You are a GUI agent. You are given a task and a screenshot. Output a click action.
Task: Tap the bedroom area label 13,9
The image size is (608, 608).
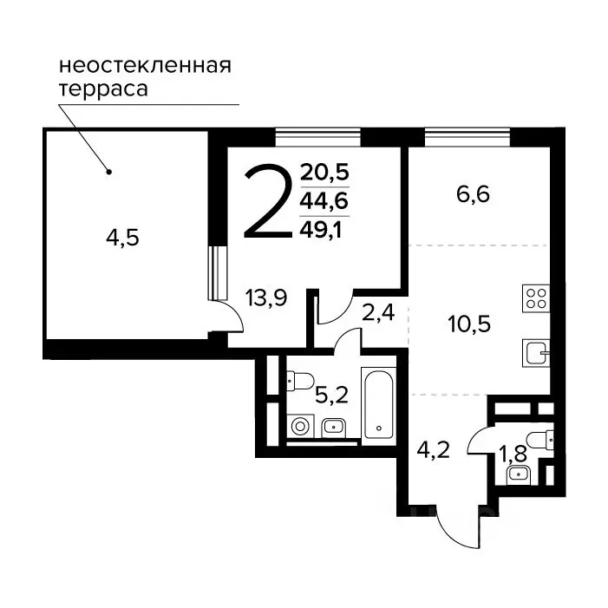coord(266,298)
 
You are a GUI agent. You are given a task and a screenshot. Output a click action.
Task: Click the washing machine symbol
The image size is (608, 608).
coord(301,426)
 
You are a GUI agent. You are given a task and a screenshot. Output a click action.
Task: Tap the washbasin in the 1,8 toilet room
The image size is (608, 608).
coord(520,473)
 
